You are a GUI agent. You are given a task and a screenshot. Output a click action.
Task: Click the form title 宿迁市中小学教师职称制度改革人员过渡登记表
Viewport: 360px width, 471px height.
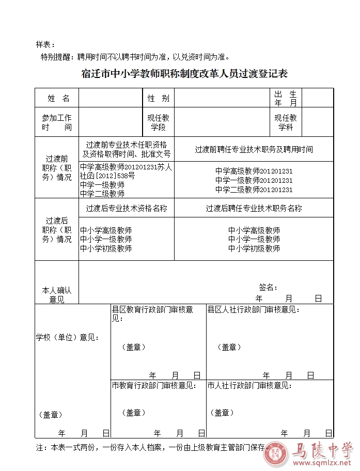(184, 74)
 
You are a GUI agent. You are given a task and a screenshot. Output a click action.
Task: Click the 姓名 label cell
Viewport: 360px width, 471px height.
(58, 98)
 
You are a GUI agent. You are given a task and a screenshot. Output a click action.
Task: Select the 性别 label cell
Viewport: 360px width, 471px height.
(158, 98)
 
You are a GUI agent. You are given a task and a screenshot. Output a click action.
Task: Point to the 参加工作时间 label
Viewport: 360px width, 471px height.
(57, 122)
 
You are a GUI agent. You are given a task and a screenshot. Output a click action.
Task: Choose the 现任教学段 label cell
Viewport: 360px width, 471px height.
(158, 122)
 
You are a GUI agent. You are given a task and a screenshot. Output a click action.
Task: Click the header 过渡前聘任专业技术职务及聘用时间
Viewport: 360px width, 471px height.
(254, 149)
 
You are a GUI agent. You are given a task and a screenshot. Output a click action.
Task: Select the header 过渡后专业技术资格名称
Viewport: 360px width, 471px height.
(127, 208)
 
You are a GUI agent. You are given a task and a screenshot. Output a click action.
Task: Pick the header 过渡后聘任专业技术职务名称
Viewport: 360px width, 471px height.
(254, 208)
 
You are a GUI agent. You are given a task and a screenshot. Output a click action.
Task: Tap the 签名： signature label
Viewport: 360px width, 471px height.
(269, 287)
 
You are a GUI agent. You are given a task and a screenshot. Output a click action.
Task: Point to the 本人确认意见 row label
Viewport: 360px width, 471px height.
(57, 294)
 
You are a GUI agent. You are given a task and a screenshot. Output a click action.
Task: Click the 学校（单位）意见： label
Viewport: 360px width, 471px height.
(67, 337)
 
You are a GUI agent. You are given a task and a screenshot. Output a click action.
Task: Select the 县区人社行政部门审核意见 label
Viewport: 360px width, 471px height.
(253, 310)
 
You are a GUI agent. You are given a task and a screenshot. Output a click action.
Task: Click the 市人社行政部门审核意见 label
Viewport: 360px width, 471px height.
(249, 385)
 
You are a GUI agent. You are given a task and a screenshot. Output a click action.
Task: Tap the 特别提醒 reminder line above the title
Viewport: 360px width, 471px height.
(135, 57)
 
